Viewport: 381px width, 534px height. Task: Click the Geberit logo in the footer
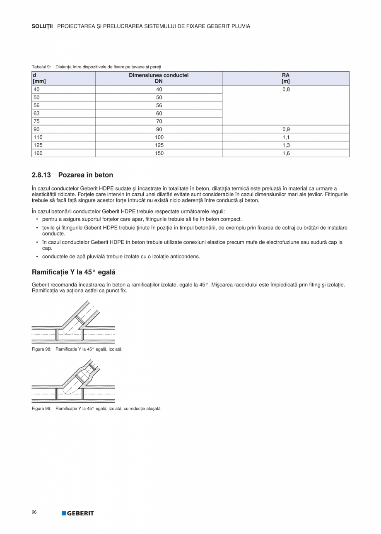tap(78, 513)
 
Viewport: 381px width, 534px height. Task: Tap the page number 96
tap(34, 512)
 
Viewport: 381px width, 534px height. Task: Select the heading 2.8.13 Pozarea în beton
tap(72, 175)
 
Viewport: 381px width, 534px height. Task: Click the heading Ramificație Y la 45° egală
tap(73, 272)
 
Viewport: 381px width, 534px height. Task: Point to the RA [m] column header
tap(285, 78)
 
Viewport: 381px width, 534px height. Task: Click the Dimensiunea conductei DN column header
tap(159, 78)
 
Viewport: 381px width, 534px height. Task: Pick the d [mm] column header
tap(39, 78)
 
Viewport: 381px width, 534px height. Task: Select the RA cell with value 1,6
tap(285, 153)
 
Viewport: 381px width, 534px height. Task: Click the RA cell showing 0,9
tap(285, 129)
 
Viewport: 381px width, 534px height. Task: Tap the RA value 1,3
tap(285, 145)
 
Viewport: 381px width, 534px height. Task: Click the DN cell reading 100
tap(159, 137)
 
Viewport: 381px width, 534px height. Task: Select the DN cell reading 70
tap(159, 121)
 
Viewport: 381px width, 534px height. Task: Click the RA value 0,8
tap(285, 89)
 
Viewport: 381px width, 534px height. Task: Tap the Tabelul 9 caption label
tap(41, 67)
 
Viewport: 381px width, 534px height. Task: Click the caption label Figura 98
tap(41, 349)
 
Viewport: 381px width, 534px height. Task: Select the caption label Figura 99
tap(41, 409)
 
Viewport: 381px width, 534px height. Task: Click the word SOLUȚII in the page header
tap(42, 26)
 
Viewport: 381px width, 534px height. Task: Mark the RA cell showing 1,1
tap(285, 137)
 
